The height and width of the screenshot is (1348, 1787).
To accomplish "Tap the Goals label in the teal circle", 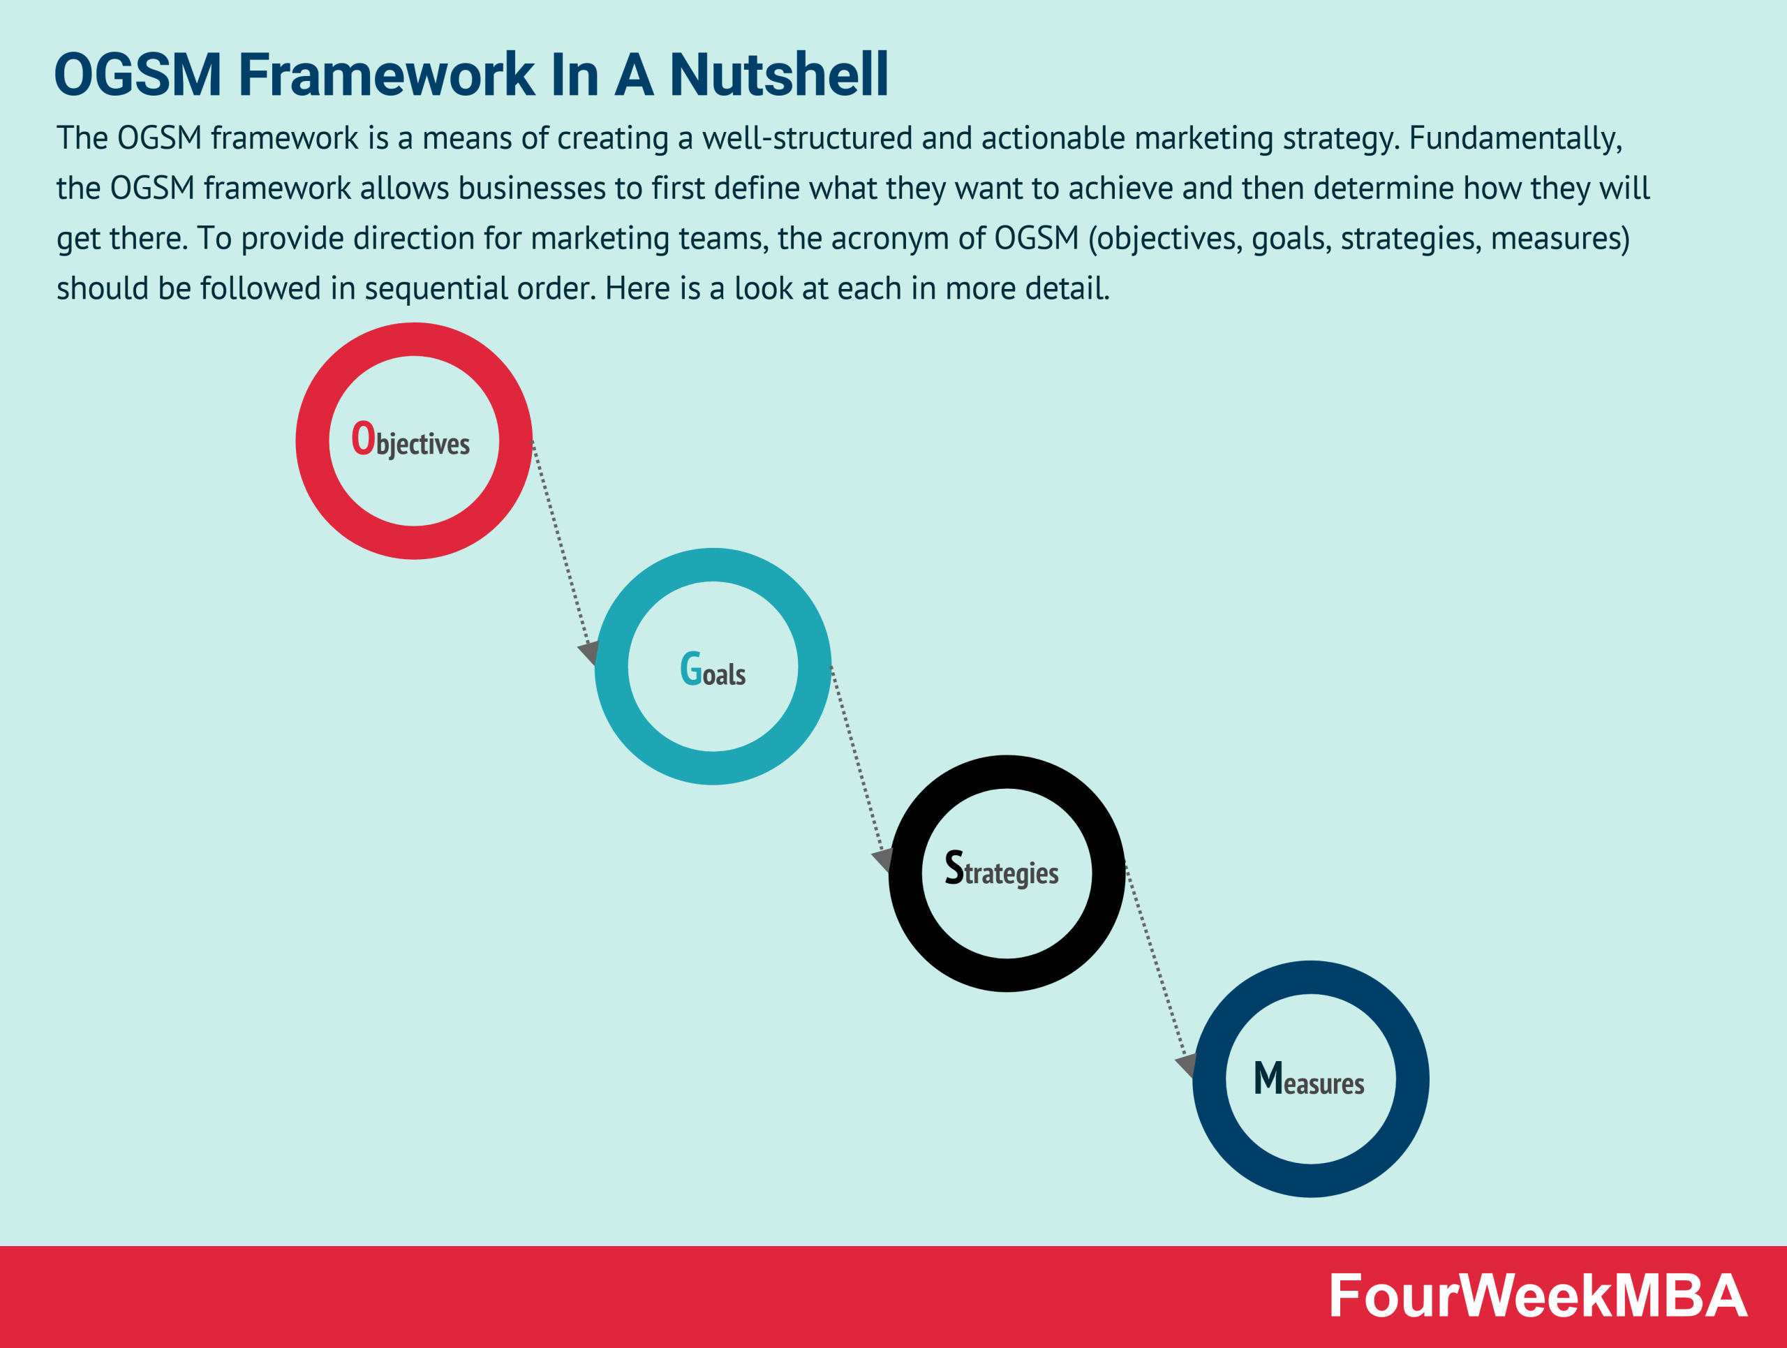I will click(x=713, y=670).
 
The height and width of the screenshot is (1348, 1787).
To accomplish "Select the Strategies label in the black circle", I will click(x=1002, y=871).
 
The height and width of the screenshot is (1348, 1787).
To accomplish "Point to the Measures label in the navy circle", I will click(x=1309, y=1080).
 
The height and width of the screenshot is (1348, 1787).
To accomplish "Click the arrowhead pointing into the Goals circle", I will click(x=589, y=651).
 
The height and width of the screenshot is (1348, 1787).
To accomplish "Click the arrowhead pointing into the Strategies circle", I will click(x=883, y=859).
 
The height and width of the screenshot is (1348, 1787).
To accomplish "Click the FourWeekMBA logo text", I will click(x=1537, y=1297).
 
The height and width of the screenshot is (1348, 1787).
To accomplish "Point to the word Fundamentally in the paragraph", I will click(x=1515, y=139).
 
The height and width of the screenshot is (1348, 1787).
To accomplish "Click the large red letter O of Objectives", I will click(x=363, y=438).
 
